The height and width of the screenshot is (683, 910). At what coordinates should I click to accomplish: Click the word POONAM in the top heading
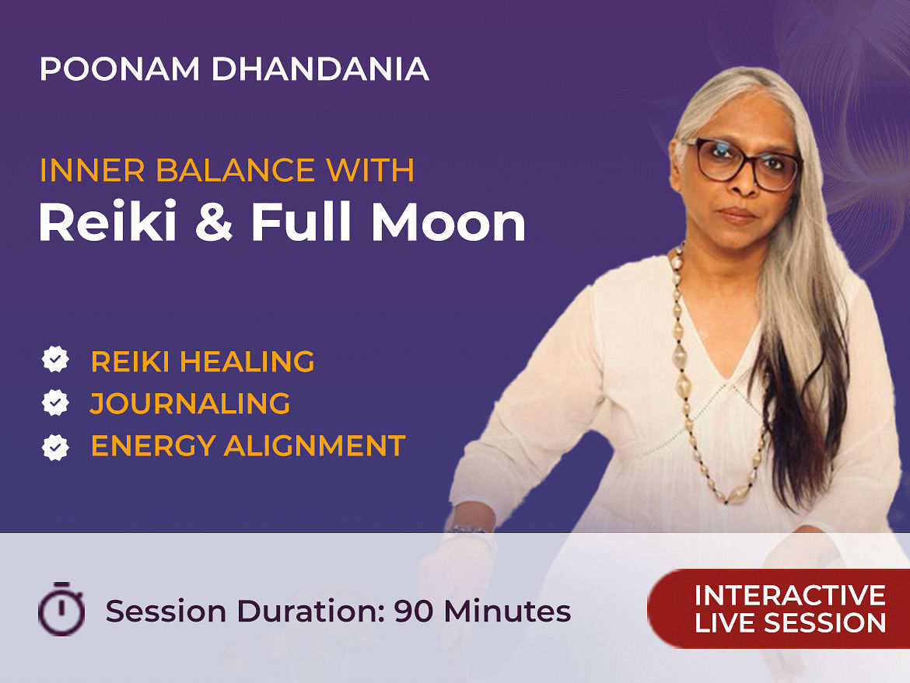click(120, 69)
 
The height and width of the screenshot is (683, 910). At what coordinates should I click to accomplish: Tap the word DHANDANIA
click(320, 69)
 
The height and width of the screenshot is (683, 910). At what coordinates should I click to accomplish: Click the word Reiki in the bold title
click(107, 222)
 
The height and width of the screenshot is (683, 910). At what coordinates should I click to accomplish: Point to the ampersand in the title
click(215, 223)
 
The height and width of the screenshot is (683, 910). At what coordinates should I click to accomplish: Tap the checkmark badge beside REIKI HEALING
click(55, 360)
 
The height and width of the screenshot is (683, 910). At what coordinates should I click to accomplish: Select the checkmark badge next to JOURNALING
click(55, 402)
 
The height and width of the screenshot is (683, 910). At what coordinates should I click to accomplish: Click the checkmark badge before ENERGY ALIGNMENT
click(55, 447)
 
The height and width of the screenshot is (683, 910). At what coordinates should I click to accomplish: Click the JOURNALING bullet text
click(190, 403)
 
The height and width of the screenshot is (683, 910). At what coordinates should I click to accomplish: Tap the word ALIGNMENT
click(314, 446)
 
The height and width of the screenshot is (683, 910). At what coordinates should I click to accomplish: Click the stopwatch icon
click(61, 608)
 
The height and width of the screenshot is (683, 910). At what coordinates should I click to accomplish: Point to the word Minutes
click(506, 611)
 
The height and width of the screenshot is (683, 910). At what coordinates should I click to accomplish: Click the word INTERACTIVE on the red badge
click(790, 595)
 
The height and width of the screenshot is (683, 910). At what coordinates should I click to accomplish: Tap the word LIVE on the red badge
click(724, 623)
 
